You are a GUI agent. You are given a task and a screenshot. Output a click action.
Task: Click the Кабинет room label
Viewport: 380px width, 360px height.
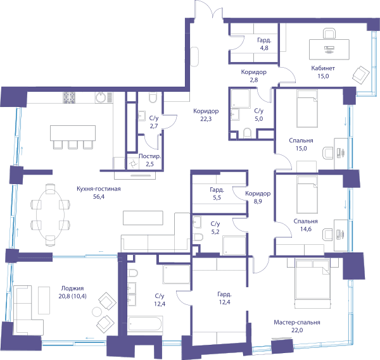tap(323, 68)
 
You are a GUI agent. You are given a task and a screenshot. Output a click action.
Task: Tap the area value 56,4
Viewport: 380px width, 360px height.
tap(99, 197)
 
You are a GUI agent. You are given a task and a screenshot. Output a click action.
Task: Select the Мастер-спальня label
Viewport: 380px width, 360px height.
tap(297, 322)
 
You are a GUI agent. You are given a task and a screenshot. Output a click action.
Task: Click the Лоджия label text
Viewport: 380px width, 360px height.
tap(72, 288)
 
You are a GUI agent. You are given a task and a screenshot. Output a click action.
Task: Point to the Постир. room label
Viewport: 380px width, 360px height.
tap(149, 156)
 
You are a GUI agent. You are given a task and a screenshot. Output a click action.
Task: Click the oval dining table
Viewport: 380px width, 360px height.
tap(51, 214)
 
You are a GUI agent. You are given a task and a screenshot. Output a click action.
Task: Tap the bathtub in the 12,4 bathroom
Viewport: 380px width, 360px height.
tap(145, 323)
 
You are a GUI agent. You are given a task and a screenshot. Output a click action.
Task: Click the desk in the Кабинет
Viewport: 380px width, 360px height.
tap(329, 49)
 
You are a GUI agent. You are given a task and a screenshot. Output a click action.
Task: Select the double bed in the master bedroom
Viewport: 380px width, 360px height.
tap(313, 283)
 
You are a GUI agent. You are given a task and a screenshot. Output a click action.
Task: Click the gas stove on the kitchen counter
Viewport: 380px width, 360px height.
tap(69, 97)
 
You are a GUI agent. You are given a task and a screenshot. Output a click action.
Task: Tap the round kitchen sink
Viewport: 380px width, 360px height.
tap(100, 97)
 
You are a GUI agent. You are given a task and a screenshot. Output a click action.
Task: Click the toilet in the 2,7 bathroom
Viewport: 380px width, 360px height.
tap(153, 97)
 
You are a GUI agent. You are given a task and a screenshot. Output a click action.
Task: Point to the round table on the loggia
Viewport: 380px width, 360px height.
tap(97, 312)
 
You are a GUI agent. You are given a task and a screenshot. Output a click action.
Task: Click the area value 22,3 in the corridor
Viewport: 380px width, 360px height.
tap(206, 119)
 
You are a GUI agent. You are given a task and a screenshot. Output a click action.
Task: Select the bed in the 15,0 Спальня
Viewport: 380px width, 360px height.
tap(307, 108)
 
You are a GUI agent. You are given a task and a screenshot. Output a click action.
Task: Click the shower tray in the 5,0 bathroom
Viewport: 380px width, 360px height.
tap(240, 99)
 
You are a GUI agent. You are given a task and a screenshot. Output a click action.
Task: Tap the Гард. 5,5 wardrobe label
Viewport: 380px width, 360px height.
tap(217, 194)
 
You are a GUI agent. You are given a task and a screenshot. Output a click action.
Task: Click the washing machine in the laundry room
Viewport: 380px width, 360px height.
tap(133, 164)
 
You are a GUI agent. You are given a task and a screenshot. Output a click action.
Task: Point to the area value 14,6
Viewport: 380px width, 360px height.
tap(306, 229)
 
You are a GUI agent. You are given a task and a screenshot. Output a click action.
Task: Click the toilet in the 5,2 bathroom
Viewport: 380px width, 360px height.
tap(198, 237)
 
